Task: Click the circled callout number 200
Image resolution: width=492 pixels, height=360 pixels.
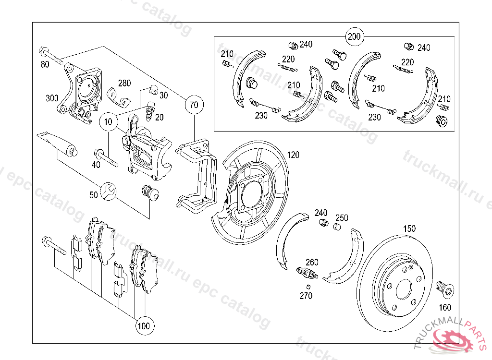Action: click(354, 36)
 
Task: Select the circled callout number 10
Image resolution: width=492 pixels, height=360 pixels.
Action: click(108, 122)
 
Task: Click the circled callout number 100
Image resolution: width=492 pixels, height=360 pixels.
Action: click(143, 326)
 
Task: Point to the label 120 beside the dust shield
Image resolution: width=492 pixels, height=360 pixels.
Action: click(293, 155)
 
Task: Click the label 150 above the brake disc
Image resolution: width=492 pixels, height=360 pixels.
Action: click(409, 228)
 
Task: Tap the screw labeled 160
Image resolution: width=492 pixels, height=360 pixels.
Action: click(444, 288)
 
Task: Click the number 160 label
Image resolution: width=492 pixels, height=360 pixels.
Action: click(445, 307)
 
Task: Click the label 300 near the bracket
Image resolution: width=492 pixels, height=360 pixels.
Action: click(52, 98)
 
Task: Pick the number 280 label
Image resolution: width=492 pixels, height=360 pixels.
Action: click(124, 83)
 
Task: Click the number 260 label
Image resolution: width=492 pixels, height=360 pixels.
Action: click(312, 262)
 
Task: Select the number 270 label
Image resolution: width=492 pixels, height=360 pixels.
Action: click(306, 296)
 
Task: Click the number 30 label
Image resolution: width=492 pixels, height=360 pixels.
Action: click(163, 95)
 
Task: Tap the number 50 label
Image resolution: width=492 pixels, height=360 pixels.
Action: click(93, 195)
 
